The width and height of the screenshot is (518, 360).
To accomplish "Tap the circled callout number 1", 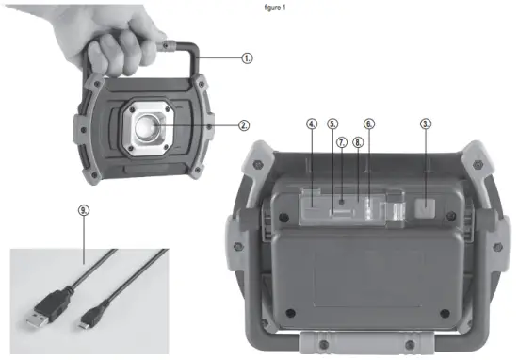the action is pos(248,57).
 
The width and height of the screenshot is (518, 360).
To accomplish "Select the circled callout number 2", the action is pos(243,123).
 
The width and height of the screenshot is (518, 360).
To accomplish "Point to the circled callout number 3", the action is pos(426,123).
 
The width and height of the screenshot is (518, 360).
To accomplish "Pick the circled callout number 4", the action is pos(312,123).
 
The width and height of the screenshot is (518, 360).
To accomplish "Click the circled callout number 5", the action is pos(332,123).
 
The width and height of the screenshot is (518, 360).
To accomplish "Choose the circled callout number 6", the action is pos(368,123).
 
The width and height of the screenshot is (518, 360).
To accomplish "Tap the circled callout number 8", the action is pos(357,141).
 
